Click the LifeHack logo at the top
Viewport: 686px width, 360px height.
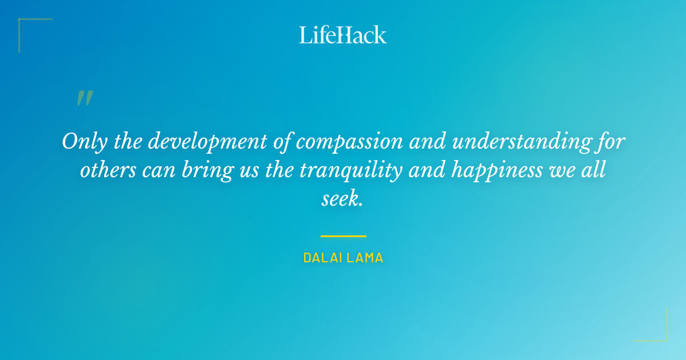343,35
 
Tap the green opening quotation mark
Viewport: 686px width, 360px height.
85,98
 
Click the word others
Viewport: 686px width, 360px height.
106,170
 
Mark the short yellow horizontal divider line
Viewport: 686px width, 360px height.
343,235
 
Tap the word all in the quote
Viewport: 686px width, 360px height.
595,170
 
